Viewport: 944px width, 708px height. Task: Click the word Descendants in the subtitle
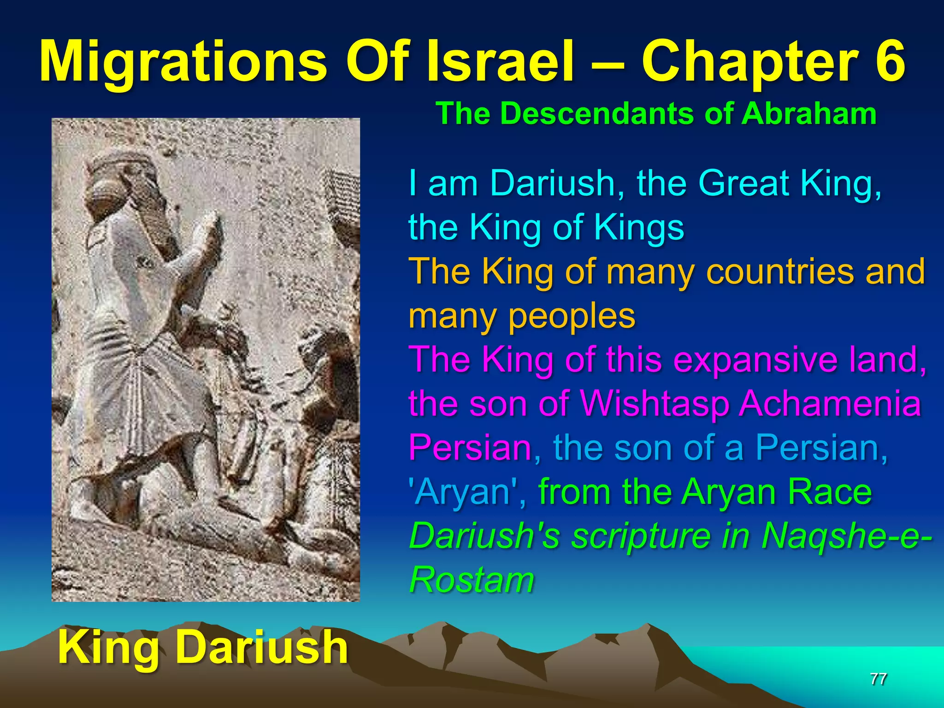599,113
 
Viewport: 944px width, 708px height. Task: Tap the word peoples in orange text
571,316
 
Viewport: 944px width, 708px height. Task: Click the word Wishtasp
655,404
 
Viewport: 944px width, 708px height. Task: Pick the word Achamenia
830,404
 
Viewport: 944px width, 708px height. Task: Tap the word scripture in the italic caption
641,536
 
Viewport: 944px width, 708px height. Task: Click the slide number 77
878,679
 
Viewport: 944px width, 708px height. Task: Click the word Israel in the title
500,62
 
